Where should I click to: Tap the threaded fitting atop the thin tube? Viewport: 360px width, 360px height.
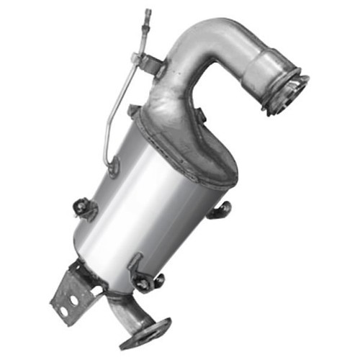click(x=148, y=14)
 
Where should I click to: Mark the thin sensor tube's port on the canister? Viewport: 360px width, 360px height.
click(x=113, y=167)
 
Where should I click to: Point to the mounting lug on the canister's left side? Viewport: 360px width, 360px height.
click(x=84, y=208)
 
